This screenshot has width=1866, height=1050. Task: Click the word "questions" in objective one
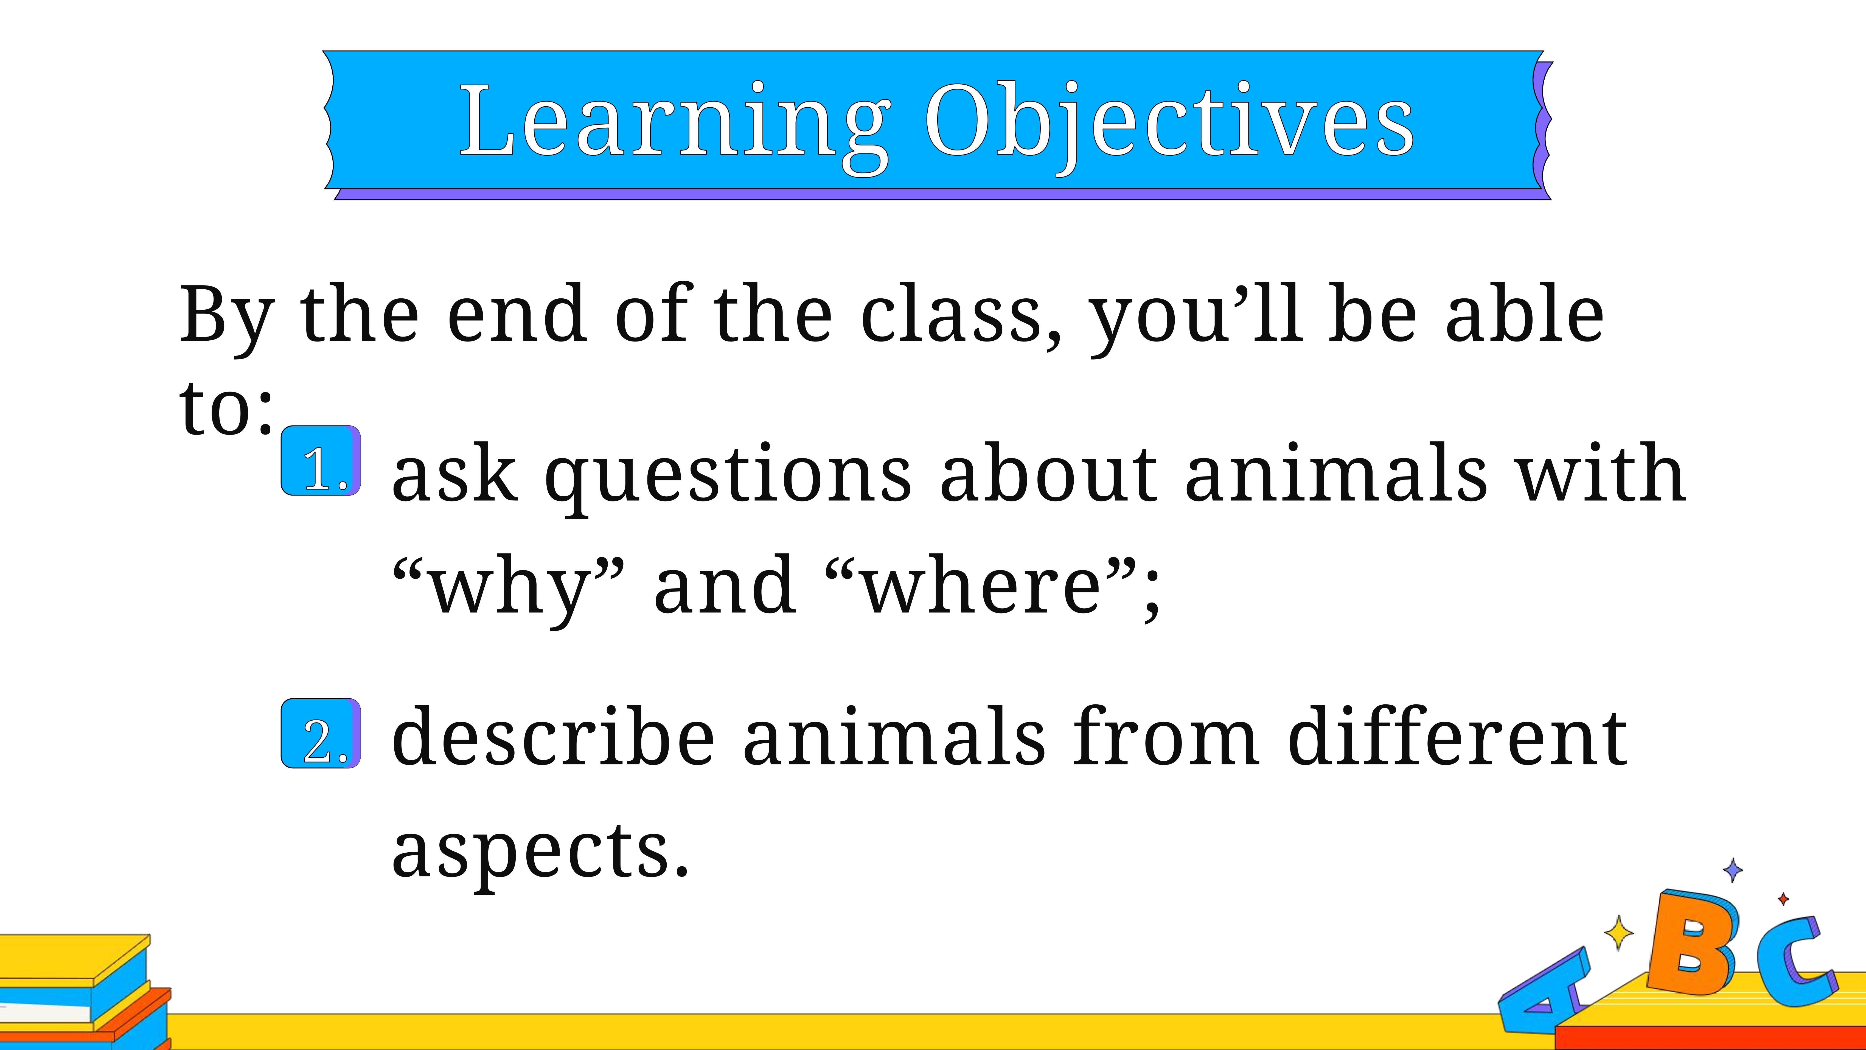728,477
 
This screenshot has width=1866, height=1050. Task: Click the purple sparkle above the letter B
1733,870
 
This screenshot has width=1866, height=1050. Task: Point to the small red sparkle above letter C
1783,899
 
